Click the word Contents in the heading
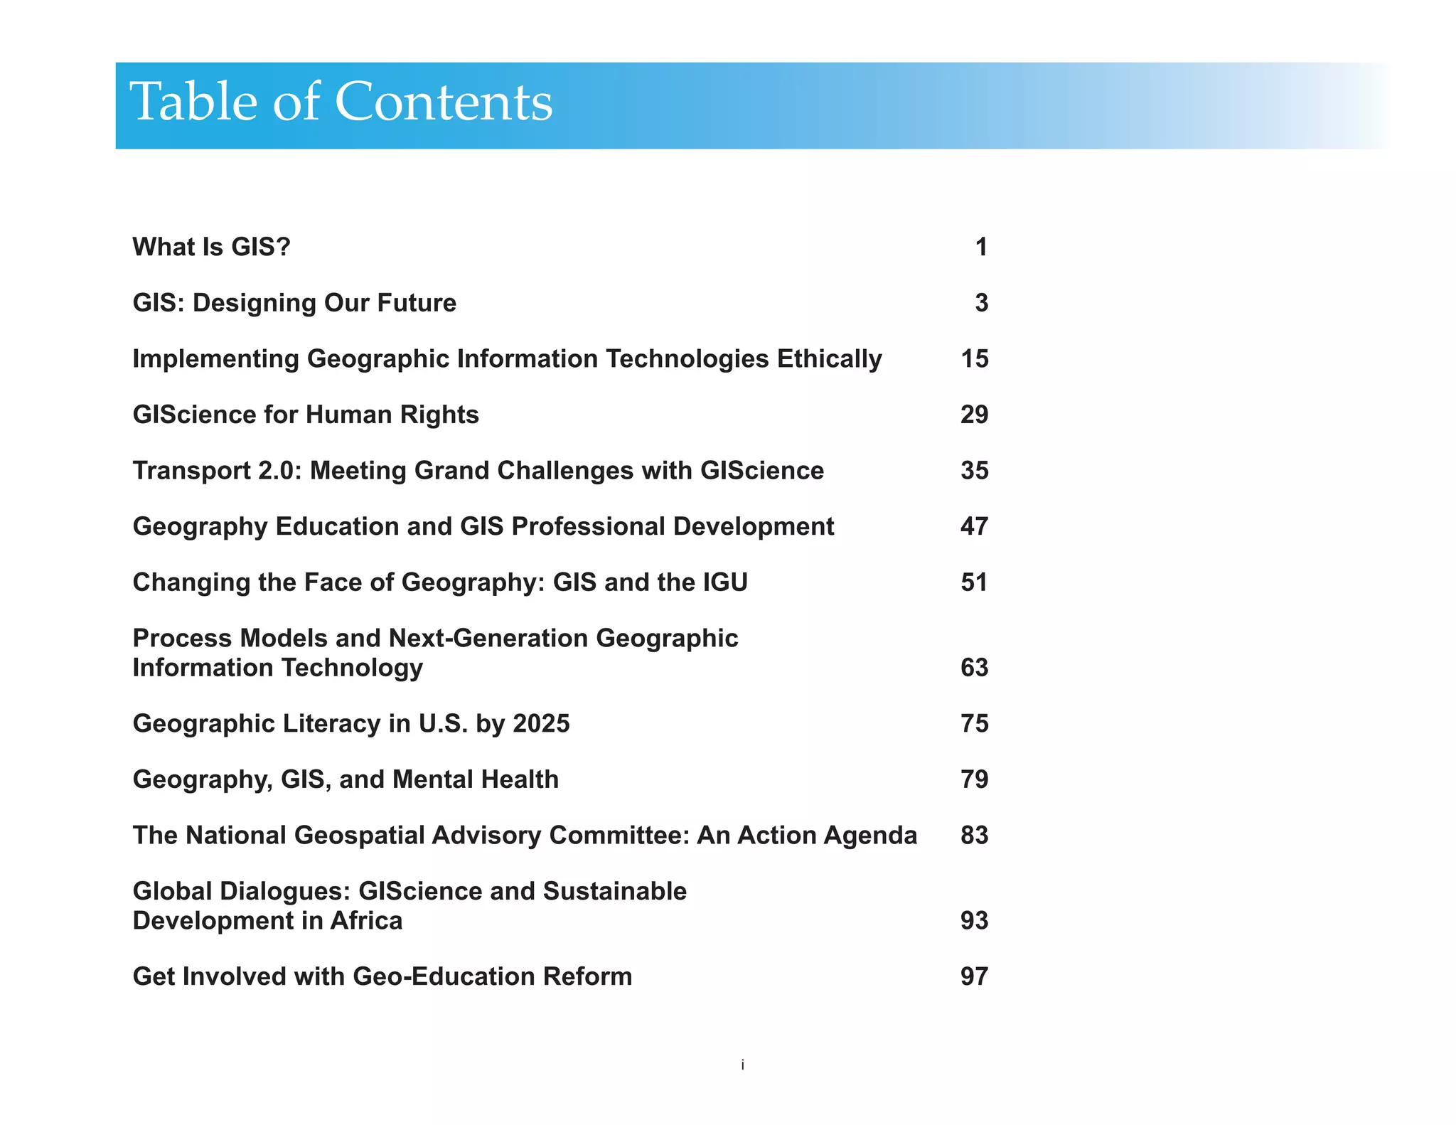point(443,102)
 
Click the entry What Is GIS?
point(212,247)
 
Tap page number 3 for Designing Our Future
point(981,304)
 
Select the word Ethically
point(829,359)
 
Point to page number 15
point(974,359)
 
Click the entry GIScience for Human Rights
point(306,415)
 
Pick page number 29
point(974,415)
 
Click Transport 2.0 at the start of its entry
point(213,471)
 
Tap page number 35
point(974,471)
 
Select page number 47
point(974,527)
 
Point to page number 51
point(974,582)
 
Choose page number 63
point(974,668)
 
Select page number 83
point(974,836)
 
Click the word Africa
point(366,921)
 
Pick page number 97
point(974,977)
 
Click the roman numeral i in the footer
point(742,1065)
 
